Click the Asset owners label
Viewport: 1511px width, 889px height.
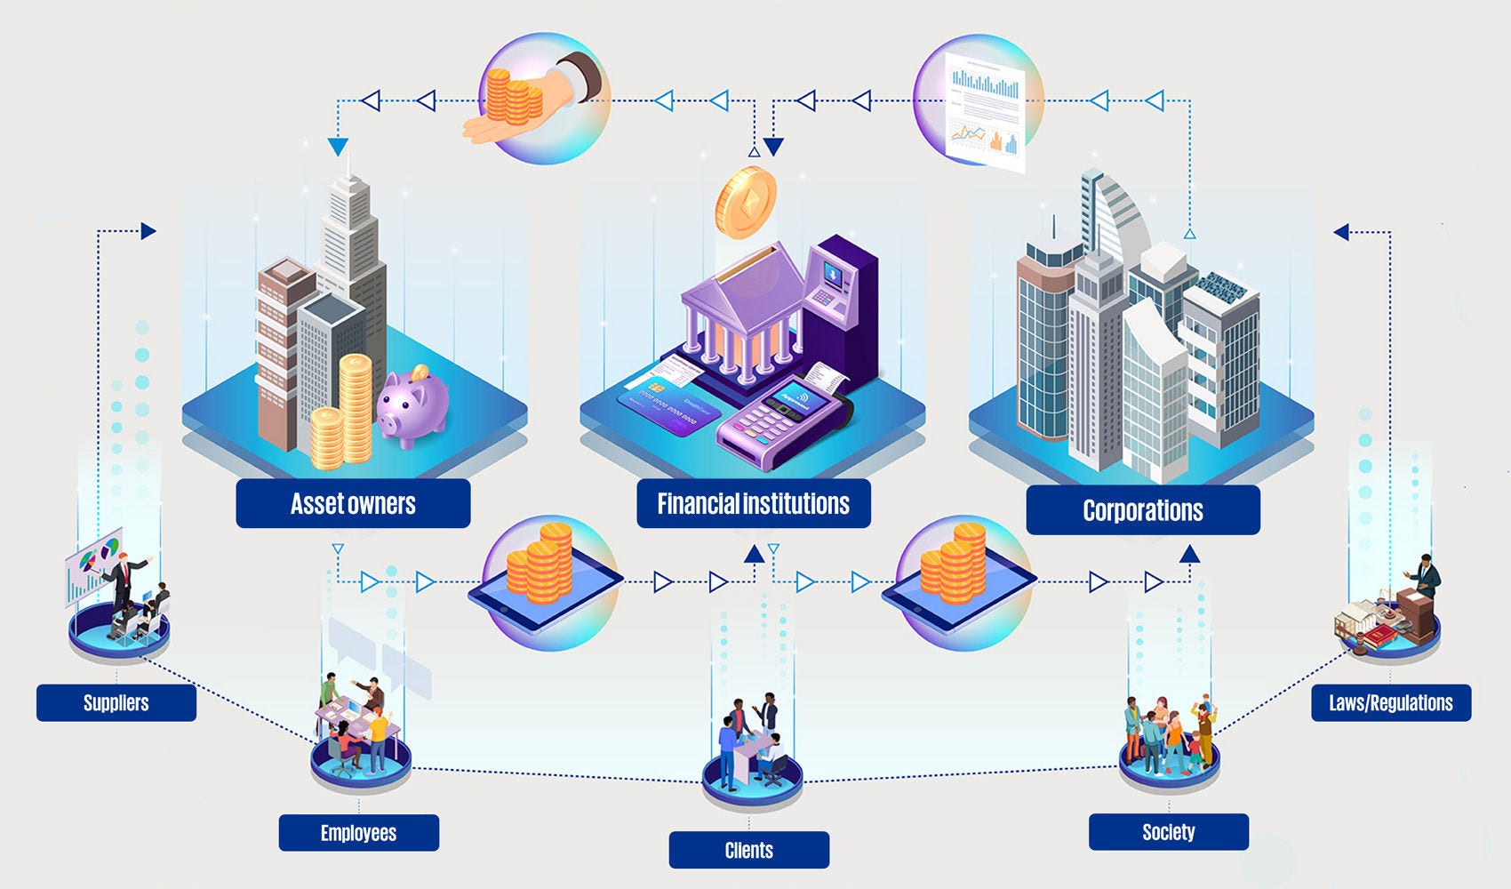pyautogui.click(x=353, y=504)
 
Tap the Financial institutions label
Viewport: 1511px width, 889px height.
pyautogui.click(x=753, y=504)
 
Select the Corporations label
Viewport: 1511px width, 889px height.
pyautogui.click(x=1142, y=510)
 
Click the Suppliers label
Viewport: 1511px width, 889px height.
pyautogui.click(x=116, y=702)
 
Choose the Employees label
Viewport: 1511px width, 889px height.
pyautogui.click(x=358, y=833)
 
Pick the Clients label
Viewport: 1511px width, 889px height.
pyautogui.click(x=748, y=850)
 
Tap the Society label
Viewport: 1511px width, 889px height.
pyautogui.click(x=1168, y=832)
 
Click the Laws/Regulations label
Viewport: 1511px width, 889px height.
pyautogui.click(x=1390, y=702)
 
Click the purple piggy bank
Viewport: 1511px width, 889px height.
pyautogui.click(x=412, y=405)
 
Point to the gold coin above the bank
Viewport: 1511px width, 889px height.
pyautogui.click(x=746, y=202)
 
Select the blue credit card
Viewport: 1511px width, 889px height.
pyautogui.click(x=668, y=406)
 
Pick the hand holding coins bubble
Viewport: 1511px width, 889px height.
pyautogui.click(x=543, y=99)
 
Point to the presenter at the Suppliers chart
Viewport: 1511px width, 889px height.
pyautogui.click(x=120, y=582)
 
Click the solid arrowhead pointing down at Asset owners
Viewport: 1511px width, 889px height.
pyautogui.click(x=338, y=147)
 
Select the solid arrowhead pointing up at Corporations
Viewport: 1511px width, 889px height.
pyautogui.click(x=1189, y=555)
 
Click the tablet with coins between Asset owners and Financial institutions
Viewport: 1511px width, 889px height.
pyautogui.click(x=545, y=583)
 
